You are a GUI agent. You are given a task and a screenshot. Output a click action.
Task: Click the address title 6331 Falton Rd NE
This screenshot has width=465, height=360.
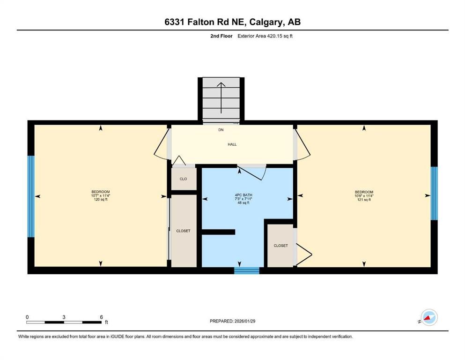point(232,22)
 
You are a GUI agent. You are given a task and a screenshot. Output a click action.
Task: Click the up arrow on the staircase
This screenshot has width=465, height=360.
point(221,97)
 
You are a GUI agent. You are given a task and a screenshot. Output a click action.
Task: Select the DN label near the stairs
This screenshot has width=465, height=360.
point(221,130)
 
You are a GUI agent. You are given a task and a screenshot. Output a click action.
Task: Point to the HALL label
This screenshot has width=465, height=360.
point(232,144)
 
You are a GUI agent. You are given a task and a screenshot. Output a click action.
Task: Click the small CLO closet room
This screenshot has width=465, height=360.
point(183,179)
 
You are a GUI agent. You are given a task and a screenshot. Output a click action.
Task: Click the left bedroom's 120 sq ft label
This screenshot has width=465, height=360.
point(101,200)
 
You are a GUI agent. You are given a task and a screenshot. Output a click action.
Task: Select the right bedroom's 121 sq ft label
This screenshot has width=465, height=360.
point(364,200)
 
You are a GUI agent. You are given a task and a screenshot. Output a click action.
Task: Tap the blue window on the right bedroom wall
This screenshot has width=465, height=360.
point(434,193)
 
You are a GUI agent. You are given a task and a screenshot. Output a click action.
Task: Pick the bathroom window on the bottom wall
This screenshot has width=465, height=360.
point(246,270)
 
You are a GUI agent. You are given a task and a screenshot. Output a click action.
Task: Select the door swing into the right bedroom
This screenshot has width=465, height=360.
point(302,144)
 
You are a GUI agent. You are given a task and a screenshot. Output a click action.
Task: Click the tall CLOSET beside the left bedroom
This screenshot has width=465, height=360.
point(183,231)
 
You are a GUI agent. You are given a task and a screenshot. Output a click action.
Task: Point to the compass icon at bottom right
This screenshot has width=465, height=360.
point(428,317)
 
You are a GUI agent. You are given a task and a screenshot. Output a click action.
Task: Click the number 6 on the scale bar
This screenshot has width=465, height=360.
point(101,317)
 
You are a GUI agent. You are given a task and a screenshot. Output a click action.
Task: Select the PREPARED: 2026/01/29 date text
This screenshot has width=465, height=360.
point(232,321)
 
